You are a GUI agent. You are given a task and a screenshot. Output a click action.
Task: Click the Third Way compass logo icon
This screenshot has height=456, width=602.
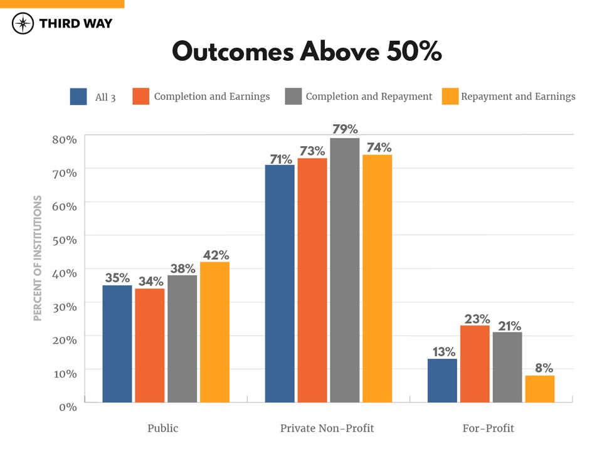23,24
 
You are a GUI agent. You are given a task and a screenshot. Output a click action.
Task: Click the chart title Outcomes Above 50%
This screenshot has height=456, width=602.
307,52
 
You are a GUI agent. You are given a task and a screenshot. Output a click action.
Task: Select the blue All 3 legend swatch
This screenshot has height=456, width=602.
78,97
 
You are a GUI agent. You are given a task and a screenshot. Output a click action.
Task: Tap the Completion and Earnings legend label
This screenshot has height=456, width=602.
212,97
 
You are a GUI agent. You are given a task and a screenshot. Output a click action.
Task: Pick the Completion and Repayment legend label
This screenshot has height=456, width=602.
369,97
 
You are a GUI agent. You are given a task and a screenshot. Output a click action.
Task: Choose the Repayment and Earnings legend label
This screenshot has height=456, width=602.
518,97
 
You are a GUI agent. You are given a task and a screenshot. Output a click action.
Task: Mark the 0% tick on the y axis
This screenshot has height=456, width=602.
67,406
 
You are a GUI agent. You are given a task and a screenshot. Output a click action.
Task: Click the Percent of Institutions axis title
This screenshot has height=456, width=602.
38,258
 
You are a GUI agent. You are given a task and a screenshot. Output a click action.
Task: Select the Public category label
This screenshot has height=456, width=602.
162,428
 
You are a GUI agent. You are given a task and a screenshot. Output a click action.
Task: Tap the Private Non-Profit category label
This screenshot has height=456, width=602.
327,428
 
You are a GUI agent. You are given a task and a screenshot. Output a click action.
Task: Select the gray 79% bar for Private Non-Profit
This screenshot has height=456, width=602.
345,270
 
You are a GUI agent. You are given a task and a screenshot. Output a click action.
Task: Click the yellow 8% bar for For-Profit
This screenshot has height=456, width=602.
540,389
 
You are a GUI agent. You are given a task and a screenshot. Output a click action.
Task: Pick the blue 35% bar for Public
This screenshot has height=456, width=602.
117,344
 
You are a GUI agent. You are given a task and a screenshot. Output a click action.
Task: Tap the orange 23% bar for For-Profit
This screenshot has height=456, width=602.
475,364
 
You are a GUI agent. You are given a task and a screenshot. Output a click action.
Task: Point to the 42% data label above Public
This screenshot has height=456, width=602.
215,255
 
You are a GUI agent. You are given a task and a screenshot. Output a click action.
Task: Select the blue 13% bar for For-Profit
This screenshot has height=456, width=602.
442,381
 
